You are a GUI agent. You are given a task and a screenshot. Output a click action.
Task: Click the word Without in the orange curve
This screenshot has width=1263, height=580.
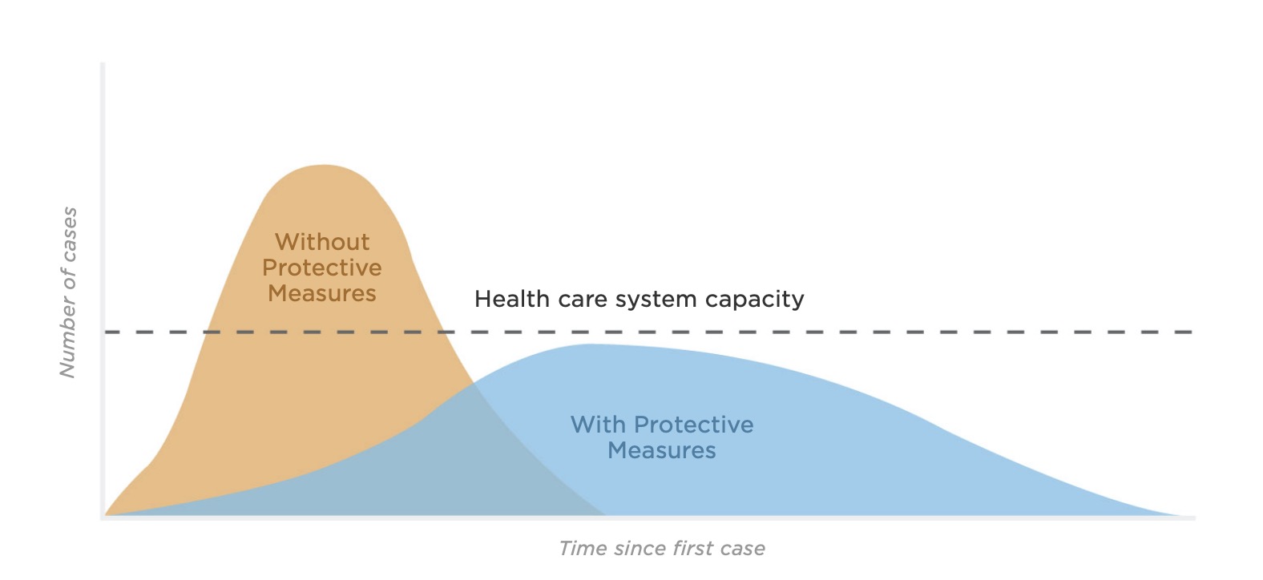[322, 242]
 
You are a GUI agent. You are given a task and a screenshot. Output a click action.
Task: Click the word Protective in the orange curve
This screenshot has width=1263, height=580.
[322, 268]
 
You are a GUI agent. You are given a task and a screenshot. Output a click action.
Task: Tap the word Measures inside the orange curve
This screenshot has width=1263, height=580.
[322, 293]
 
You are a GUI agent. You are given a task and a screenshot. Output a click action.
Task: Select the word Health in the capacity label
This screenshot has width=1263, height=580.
[512, 299]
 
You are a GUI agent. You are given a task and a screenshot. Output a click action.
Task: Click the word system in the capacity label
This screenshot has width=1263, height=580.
[656, 300]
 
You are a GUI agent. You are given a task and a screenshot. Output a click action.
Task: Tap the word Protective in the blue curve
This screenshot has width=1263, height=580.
[694, 425]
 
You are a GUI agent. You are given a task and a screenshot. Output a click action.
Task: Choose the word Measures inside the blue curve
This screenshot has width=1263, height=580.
[661, 450]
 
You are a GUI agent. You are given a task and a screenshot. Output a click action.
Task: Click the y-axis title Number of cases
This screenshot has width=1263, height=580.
[68, 292]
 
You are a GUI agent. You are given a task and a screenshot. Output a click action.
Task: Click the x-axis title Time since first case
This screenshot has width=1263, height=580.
[662, 548]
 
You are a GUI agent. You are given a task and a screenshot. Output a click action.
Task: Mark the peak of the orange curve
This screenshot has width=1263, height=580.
[325, 165]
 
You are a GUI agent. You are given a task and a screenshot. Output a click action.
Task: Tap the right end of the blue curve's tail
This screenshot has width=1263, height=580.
[1184, 515]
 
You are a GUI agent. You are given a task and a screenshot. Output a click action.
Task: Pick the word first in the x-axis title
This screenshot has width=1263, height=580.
[693, 548]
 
